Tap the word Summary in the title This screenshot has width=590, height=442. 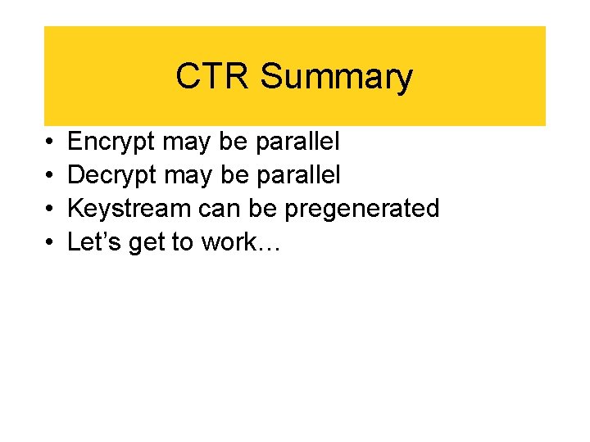(336, 77)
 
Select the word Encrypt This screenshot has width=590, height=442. (111, 142)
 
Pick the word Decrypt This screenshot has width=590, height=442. (112, 175)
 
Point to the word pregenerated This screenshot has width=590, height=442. (361, 209)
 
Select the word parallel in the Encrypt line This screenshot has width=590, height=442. (297, 142)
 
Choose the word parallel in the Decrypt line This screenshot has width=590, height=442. (299, 175)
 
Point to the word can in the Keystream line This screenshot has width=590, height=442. (220, 209)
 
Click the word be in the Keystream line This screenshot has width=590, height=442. (263, 209)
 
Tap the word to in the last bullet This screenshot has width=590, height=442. (184, 241)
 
